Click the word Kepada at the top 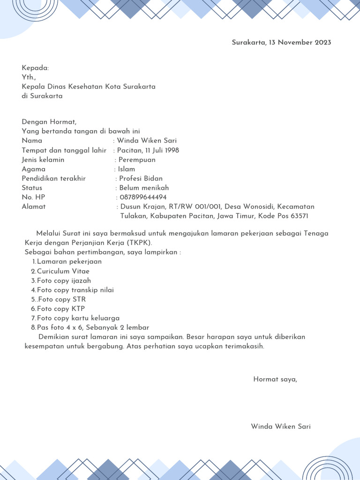pos(35,68)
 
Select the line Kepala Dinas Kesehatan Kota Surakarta pos(89,87)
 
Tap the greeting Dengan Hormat pos(49,122)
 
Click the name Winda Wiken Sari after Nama pos(147,141)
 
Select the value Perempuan pos(137,160)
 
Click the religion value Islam pos(127,169)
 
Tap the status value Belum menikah pos(144,188)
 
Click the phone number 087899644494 pos(143,197)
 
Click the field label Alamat pos(34,207)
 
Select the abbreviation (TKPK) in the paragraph pos(139,243)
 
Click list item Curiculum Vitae pos(63,271)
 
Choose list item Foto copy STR pos(62,300)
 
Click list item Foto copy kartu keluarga pos(78,318)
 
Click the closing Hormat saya pos(275,379)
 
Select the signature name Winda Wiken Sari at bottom pos(281,427)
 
